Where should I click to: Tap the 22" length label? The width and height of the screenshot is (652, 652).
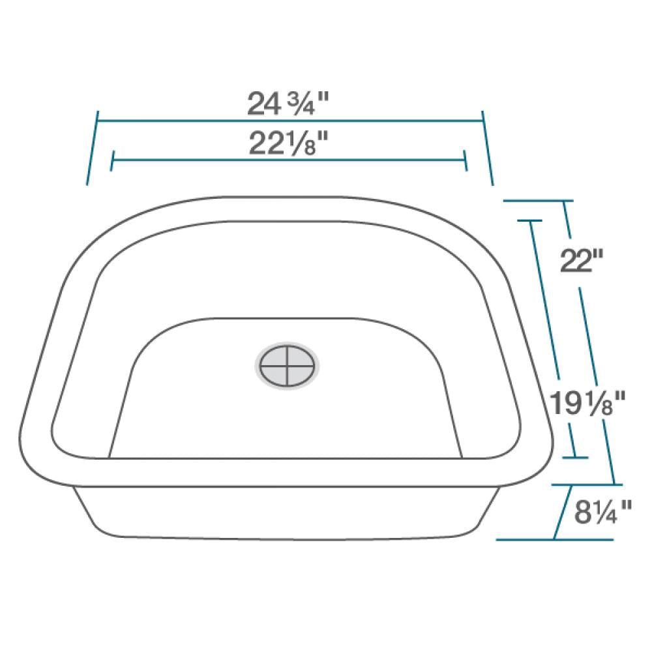580,262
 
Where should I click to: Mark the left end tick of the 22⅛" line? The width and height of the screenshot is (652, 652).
113,160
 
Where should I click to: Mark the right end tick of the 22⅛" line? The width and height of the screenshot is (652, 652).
465,160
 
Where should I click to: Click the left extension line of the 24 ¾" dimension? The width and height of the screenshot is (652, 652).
93,147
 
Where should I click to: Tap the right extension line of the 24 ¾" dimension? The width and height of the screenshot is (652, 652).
487,147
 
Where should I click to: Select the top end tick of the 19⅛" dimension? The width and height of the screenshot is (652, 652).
531,221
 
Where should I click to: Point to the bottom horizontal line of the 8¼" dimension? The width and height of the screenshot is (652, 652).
554,540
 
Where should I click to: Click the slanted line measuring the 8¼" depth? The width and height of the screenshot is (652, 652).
563,512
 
